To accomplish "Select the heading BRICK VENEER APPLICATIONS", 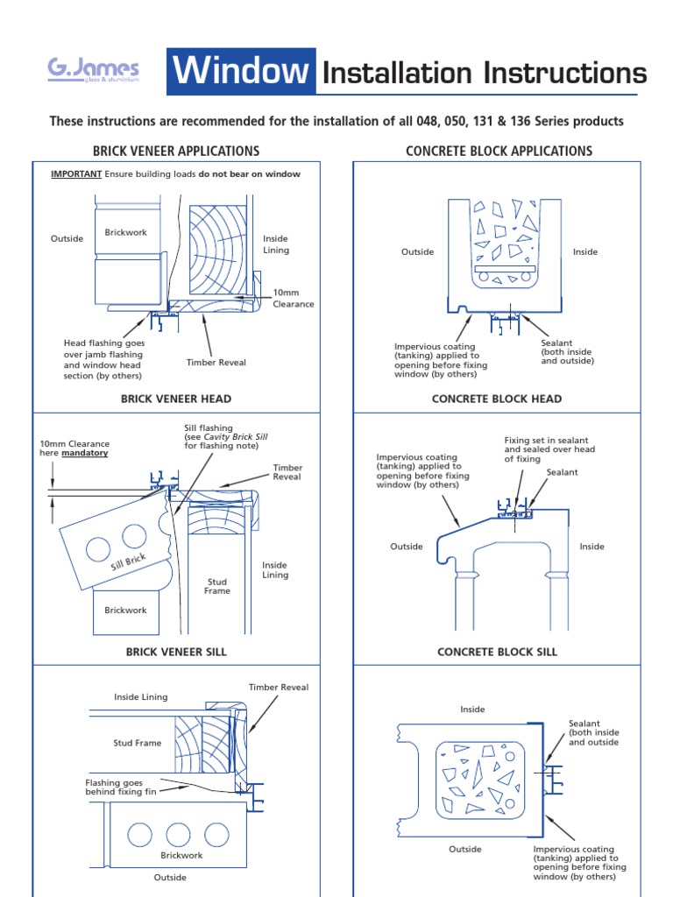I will [176, 151].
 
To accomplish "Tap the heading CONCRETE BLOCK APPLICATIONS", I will [499, 151].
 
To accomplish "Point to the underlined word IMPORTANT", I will [76, 174].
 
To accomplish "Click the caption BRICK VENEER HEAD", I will [176, 399].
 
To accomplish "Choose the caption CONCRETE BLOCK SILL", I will [497, 652].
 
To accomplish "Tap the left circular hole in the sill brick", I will [97, 548].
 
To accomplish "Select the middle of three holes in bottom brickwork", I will [178, 832].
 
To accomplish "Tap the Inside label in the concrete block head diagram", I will [585, 252].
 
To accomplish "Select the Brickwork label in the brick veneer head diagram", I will [126, 233].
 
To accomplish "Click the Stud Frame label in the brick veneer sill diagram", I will [217, 586].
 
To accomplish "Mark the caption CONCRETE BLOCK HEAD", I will [497, 399].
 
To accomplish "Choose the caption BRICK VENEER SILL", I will [176, 652].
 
